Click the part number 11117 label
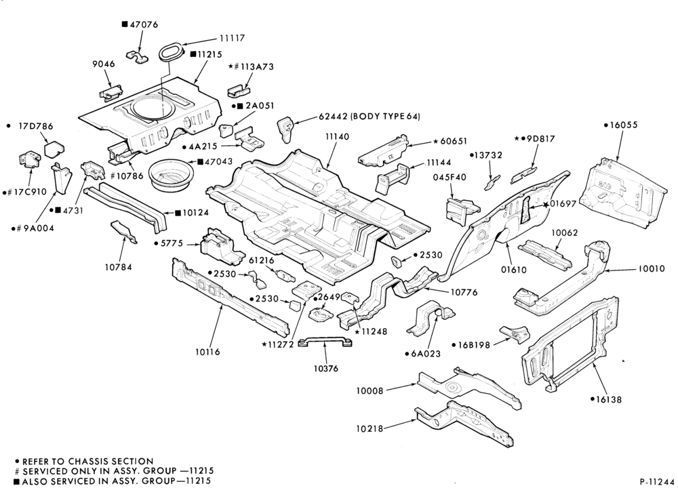point(232,38)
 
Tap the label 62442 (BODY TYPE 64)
point(369,117)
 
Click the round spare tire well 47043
point(170,174)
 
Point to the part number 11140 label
point(337,137)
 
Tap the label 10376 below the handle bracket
point(325,369)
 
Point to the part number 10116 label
point(207,352)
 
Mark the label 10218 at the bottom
point(370,429)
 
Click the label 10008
point(370,391)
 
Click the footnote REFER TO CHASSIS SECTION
point(84,461)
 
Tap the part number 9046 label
point(103,64)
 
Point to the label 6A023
point(423,354)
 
